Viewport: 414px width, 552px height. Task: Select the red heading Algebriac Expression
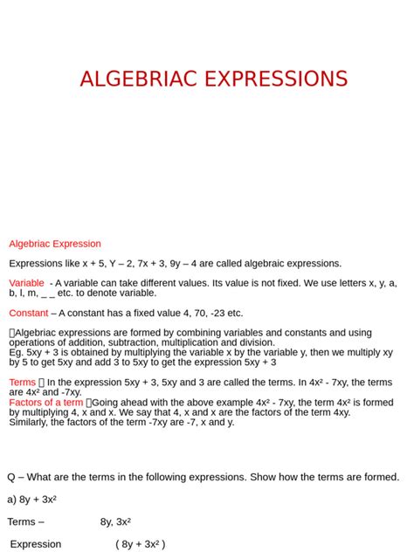55,244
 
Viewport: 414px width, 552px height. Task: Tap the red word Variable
26,283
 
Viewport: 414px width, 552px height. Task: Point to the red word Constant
29,313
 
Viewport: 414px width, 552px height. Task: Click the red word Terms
22,383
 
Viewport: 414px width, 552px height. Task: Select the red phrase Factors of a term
46,403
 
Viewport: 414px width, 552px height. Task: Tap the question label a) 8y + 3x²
32,499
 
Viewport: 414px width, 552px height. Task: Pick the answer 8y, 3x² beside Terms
115,521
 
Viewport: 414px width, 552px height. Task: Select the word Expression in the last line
36,544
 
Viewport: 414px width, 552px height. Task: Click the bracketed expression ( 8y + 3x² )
140,544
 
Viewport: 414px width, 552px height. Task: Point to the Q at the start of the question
12,477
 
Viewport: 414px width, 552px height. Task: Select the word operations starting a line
34,342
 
